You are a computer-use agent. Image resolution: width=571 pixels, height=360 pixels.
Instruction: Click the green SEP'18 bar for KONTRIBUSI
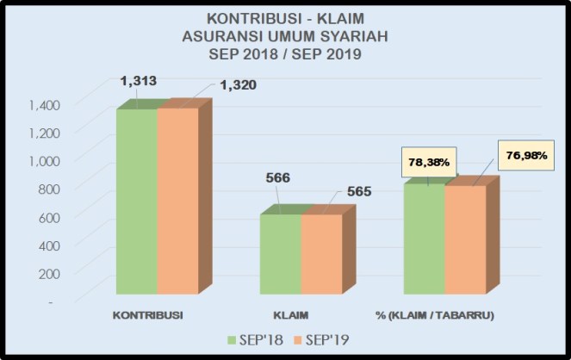coord(136,202)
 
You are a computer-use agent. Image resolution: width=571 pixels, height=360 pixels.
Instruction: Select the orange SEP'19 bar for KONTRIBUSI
coord(177,202)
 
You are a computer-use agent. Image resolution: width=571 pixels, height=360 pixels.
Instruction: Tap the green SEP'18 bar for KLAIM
coord(281,256)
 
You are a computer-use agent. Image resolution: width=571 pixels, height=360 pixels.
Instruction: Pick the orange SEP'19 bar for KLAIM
coord(321,256)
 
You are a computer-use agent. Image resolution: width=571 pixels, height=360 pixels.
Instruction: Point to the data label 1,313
coord(140,81)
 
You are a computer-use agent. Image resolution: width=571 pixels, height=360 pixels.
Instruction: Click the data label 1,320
coord(239,85)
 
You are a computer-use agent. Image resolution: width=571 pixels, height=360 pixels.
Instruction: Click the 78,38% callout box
coord(428,161)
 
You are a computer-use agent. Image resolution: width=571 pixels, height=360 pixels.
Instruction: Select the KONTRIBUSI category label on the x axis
coord(148,314)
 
